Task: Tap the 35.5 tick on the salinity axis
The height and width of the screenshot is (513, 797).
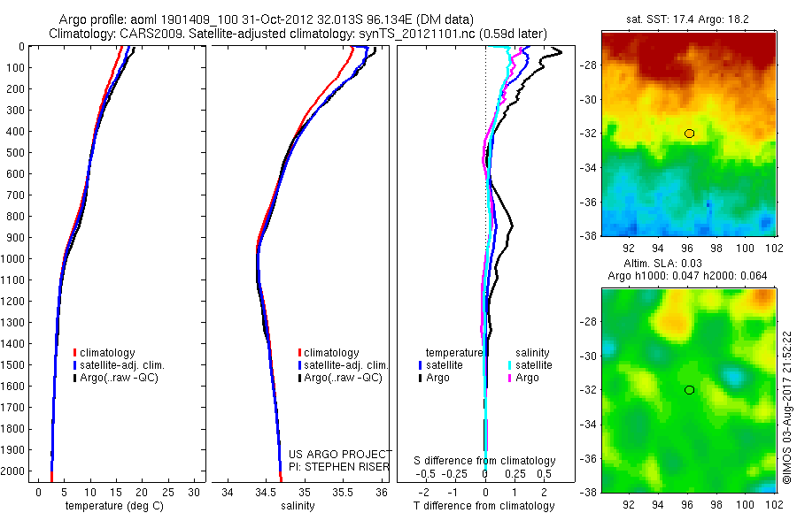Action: click(x=343, y=491)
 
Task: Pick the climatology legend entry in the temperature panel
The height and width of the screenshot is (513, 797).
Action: click(x=109, y=353)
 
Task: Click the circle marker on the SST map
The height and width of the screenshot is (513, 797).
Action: click(x=689, y=134)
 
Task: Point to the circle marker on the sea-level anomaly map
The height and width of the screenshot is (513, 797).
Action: click(x=689, y=390)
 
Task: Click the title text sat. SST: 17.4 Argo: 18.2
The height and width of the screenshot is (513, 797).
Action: click(x=688, y=18)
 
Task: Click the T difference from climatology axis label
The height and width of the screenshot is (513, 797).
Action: click(x=485, y=506)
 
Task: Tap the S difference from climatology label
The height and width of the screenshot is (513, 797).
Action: click(x=485, y=461)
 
